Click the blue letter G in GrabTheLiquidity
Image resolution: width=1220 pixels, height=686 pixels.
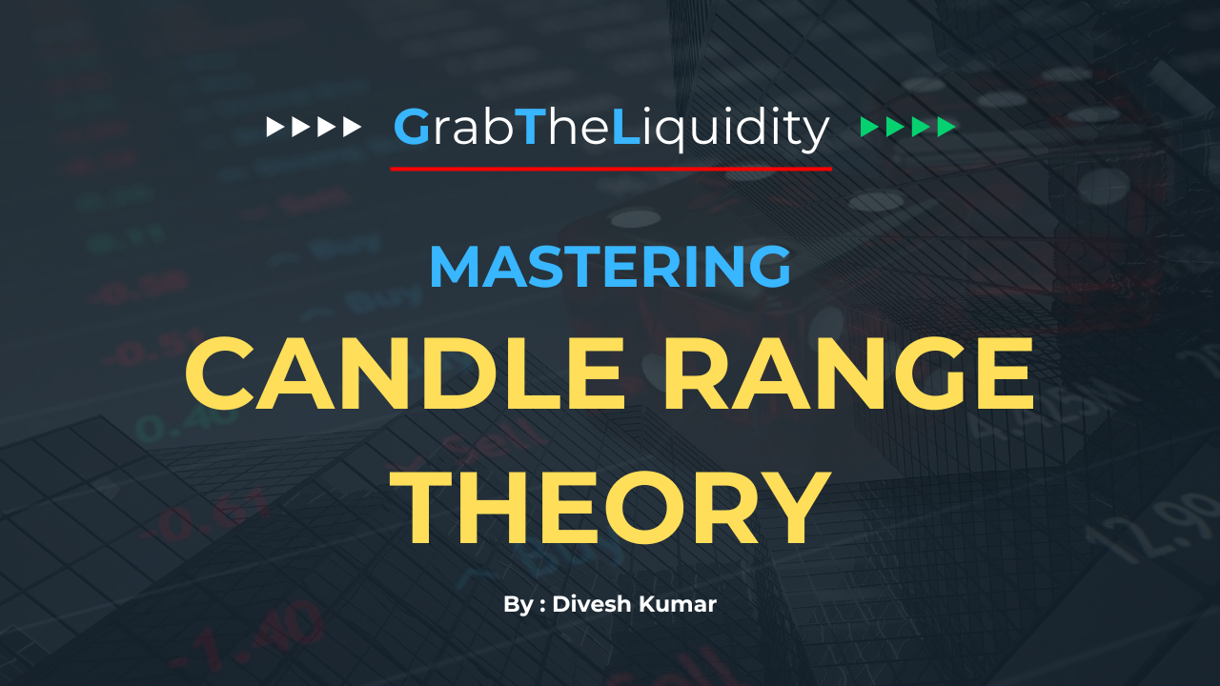point(412,127)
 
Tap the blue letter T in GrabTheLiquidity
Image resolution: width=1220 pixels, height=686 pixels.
point(529,127)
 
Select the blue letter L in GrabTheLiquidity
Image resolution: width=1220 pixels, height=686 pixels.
point(626,127)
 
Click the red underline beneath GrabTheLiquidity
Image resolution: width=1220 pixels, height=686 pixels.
point(611,169)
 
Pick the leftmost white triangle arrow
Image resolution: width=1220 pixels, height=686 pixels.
point(275,127)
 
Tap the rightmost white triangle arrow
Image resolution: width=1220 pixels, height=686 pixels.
point(352,127)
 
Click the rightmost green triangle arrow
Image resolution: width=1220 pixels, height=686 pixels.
point(946,127)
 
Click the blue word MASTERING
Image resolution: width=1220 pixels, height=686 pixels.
point(610,266)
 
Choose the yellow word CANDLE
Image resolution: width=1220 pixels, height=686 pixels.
point(405,373)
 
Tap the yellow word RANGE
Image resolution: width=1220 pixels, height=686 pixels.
point(848,373)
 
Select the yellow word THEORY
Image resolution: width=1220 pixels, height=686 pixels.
point(611,508)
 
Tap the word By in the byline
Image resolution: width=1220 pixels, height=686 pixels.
point(518,605)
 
